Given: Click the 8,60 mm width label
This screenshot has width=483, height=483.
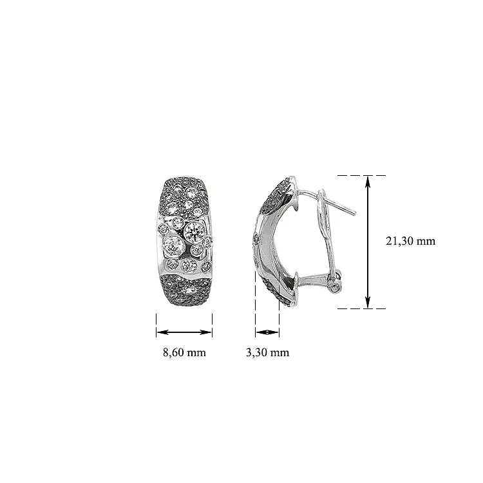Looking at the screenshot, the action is pos(184,352).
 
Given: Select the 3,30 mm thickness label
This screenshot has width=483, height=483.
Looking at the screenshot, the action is pos(267,352).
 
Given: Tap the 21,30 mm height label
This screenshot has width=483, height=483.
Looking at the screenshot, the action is pos(411,241).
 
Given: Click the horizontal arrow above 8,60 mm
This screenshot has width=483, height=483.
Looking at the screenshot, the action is pos(184,332).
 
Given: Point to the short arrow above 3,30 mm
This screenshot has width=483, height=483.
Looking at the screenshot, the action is pos(267,332).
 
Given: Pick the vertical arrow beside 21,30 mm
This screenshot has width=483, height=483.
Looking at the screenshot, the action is pos(368,241).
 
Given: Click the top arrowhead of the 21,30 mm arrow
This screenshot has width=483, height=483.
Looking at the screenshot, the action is pos(368,181).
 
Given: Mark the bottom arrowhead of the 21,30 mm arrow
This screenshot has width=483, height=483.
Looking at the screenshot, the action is pos(368,302).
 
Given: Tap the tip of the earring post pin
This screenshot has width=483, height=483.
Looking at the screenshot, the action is pos(355,213).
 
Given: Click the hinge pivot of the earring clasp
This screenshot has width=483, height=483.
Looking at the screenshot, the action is pos(336,289).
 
